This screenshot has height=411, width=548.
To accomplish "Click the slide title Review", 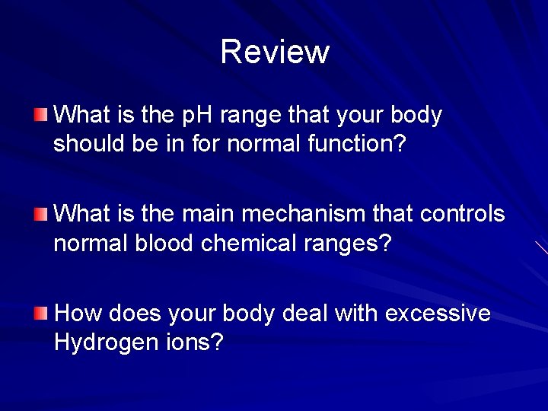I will (x=275, y=52).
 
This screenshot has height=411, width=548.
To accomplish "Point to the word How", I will (x=80, y=314).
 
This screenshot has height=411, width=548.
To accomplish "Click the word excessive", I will (x=438, y=314).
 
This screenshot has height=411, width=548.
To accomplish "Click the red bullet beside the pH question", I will (x=41, y=116).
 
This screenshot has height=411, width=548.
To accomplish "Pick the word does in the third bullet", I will (x=134, y=314).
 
